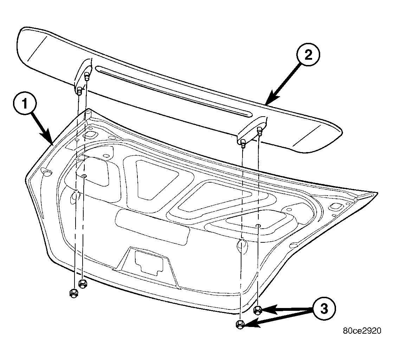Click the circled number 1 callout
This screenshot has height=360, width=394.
(x=25, y=103)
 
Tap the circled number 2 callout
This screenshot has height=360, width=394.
(x=308, y=55)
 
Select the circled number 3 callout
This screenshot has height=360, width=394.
(x=324, y=308)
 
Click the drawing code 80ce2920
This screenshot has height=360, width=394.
(x=362, y=330)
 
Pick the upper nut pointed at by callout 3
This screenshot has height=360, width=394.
(x=258, y=310)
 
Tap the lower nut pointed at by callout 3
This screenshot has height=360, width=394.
(x=240, y=325)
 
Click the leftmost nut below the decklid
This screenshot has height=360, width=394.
(x=73, y=293)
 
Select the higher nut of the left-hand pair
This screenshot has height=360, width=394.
(x=82, y=284)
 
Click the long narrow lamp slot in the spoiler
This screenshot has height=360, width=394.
(x=173, y=91)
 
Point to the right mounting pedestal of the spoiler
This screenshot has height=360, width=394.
(x=252, y=130)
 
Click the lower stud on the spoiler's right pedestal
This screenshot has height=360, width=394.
(x=243, y=144)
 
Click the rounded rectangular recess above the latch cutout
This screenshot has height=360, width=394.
(x=152, y=227)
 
